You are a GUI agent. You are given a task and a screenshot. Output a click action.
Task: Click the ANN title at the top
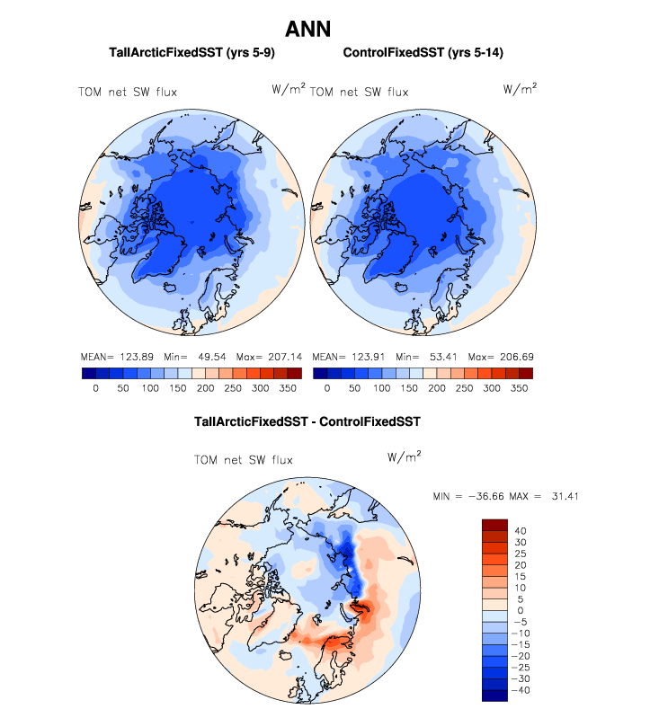(308, 29)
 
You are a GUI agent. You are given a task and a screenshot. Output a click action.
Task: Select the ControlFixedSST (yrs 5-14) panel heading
(423, 53)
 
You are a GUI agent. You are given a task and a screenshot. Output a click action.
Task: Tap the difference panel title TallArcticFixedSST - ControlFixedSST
(307, 421)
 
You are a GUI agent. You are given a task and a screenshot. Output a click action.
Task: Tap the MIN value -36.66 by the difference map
(490, 496)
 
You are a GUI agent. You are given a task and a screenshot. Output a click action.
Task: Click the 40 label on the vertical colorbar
(521, 530)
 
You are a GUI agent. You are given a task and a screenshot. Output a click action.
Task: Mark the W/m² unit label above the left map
(289, 88)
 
